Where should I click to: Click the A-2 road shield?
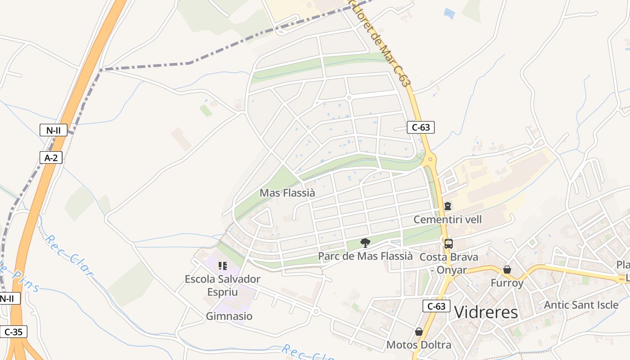tap(51, 157)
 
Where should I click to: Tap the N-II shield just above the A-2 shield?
tap(53, 130)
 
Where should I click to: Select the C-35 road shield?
tap(13, 332)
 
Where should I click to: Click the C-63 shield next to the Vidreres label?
tap(436, 306)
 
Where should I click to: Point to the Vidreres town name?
tap(486, 312)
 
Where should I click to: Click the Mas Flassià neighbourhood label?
tap(288, 193)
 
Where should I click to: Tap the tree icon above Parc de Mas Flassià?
tap(365, 243)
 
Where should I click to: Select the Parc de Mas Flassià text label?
tap(365, 256)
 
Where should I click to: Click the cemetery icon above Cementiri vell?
tap(448, 206)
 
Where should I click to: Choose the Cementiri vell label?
tap(447, 220)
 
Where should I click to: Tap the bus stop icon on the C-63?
tap(449, 244)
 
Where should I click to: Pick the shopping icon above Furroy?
tap(507, 270)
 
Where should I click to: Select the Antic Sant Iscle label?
tap(581, 305)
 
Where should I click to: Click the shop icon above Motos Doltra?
tap(419, 332)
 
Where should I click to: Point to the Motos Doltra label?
tap(419, 345)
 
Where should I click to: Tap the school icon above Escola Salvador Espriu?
tap(222, 266)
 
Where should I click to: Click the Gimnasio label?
tap(229, 316)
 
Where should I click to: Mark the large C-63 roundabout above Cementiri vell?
tap(430, 159)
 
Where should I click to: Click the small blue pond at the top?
tap(449, 13)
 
